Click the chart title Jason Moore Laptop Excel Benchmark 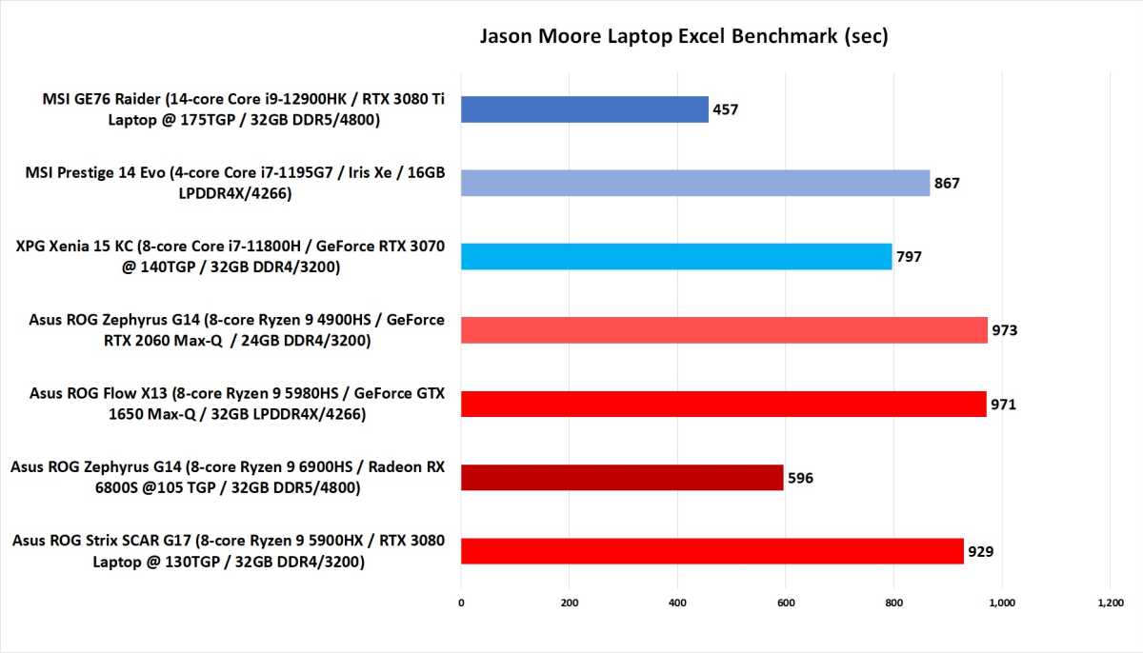683,37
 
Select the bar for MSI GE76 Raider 584,109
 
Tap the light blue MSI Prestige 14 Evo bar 695,183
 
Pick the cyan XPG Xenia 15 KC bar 676,256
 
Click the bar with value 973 724,329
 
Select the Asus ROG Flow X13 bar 723,404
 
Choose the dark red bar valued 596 622,477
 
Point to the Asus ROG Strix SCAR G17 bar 712,550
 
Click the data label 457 725,109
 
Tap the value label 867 947,183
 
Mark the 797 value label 909,256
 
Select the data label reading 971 1003,404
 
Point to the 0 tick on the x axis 461,602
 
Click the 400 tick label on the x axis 677,602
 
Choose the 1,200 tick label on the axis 1110,602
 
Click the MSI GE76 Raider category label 243,109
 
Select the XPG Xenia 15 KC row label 231,256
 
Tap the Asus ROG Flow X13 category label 237,404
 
